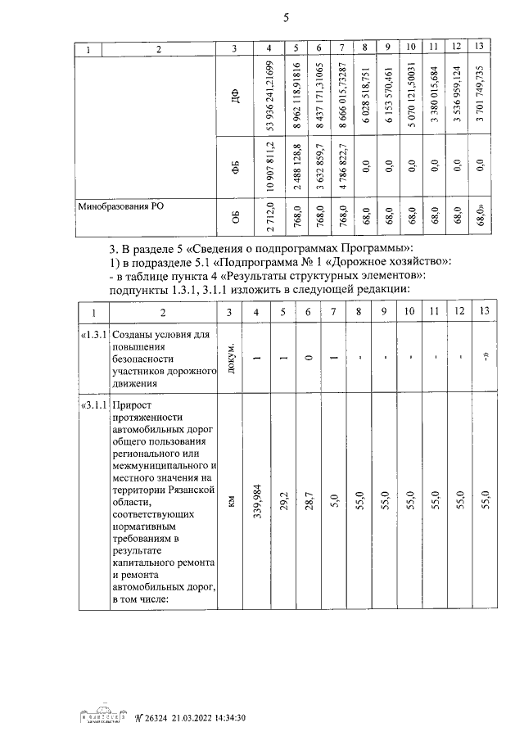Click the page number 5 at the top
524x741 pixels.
[286, 18]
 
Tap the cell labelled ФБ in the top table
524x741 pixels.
[234, 169]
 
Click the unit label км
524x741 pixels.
[234, 500]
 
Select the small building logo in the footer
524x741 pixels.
[102, 716]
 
